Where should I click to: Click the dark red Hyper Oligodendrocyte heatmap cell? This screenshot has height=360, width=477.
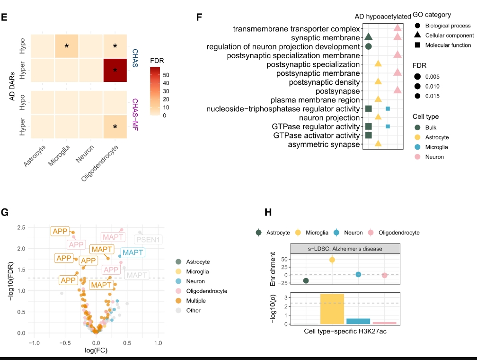[x=115, y=70]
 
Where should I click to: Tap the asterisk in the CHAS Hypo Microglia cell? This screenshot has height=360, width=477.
[x=67, y=46]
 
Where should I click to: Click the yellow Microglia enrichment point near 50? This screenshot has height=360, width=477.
[x=332, y=260]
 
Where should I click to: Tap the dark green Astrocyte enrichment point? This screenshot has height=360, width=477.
[x=306, y=281]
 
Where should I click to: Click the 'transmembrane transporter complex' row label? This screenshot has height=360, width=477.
[x=297, y=29]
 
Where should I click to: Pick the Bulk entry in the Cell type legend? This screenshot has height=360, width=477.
[x=431, y=127]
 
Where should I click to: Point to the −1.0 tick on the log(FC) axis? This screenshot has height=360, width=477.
[x=33, y=342]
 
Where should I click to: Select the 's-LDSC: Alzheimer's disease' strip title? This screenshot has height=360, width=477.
[x=345, y=249]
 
